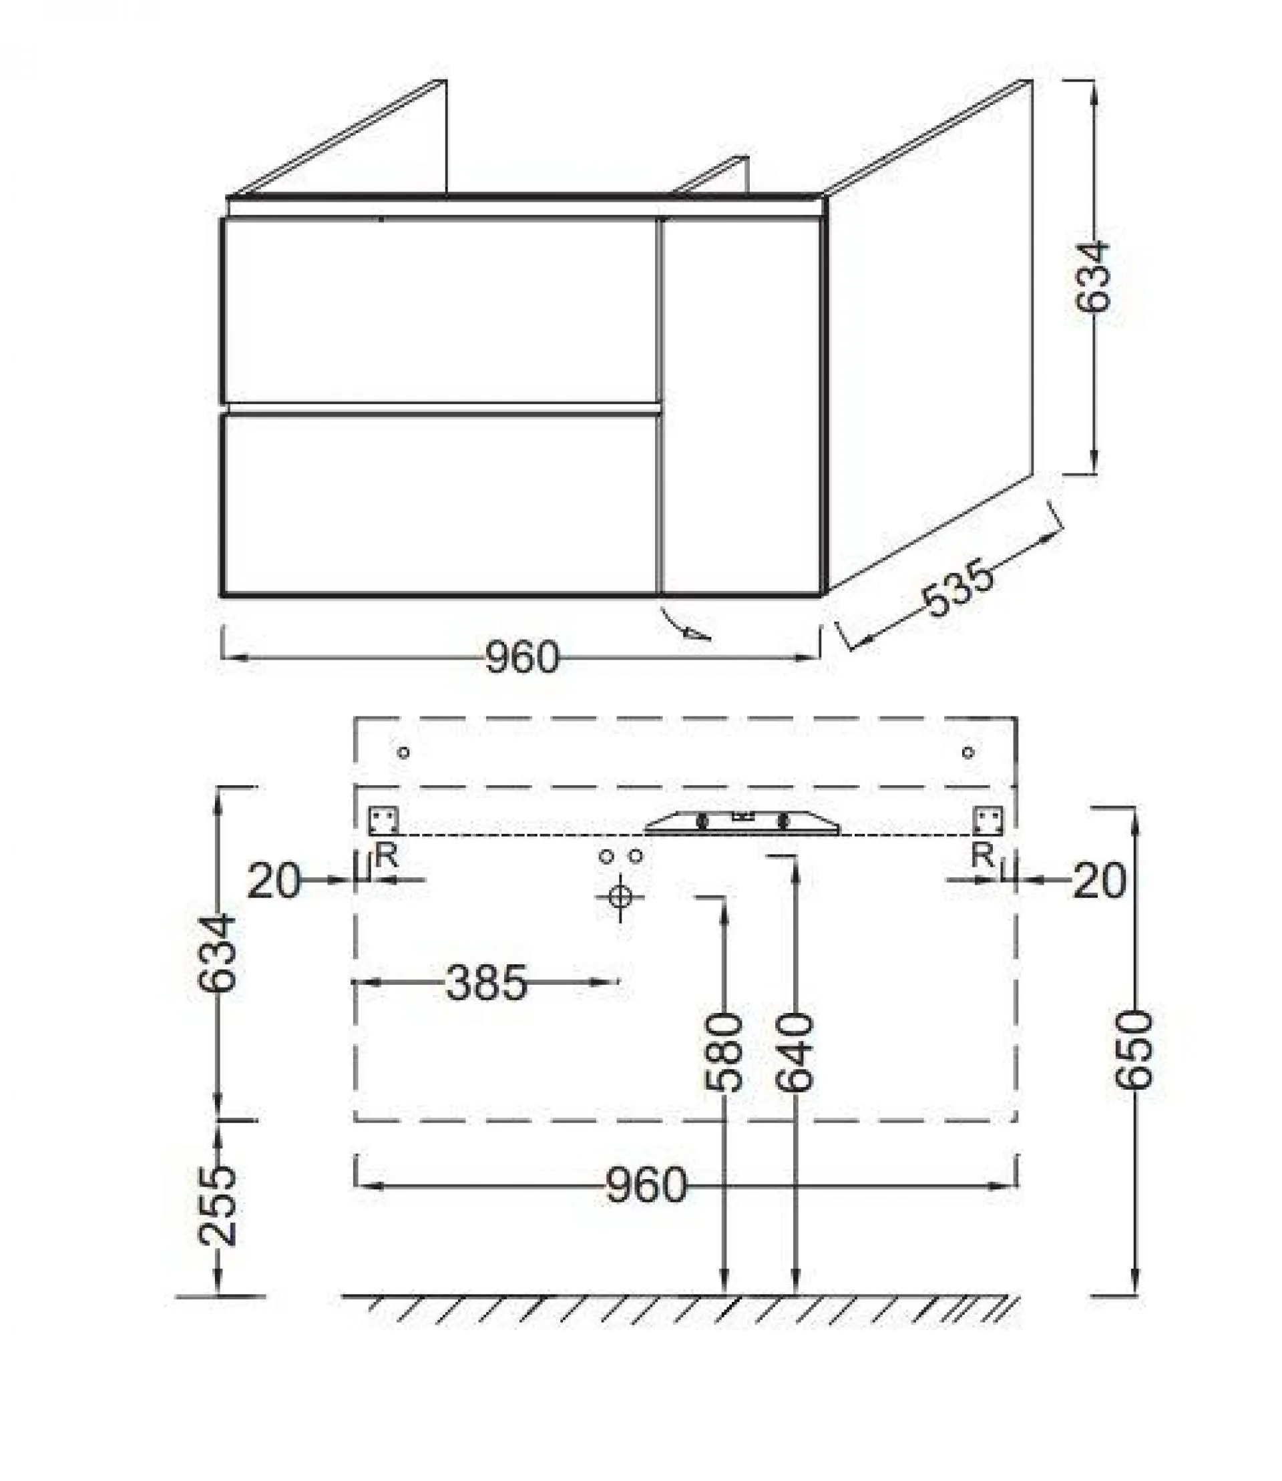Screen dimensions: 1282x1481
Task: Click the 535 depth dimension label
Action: coord(959,590)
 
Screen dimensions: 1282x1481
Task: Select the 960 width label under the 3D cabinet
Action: coord(521,658)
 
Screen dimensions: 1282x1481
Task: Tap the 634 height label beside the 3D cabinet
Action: coord(1092,277)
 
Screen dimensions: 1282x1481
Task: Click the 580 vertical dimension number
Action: coord(724,1052)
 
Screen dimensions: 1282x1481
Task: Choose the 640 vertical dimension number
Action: coord(795,1052)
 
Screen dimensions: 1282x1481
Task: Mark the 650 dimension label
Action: coord(1135,1050)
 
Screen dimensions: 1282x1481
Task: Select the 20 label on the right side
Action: coord(1100,881)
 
